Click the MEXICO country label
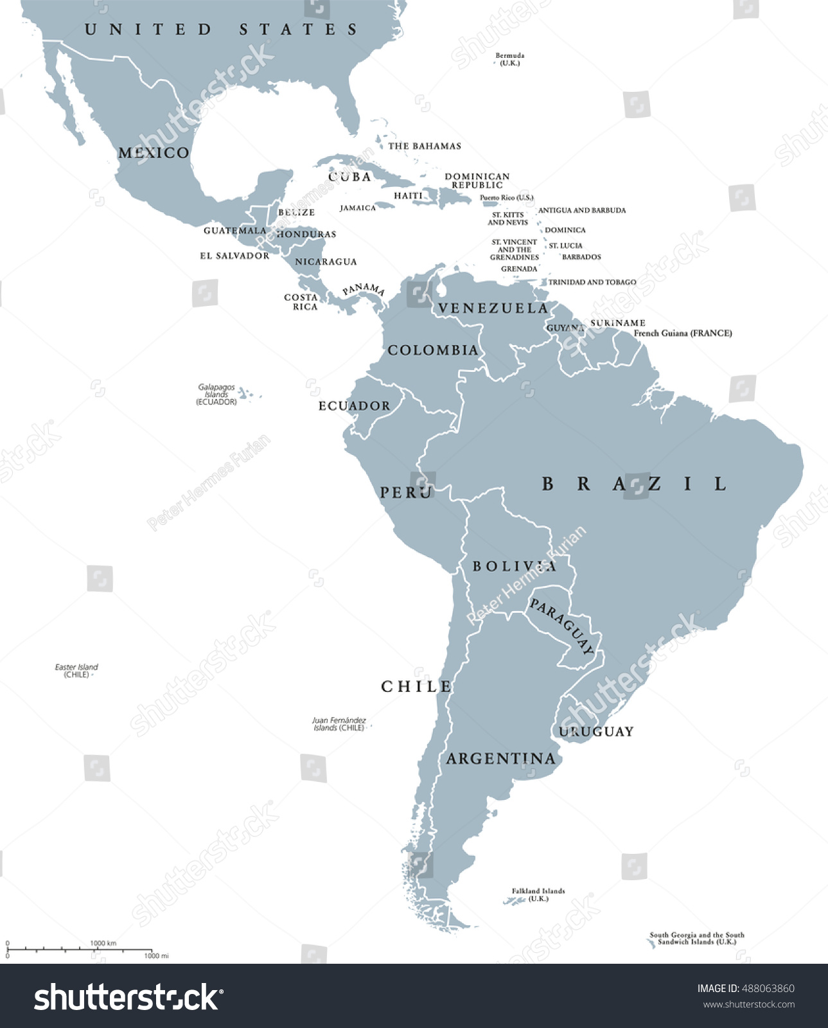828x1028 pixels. (154, 153)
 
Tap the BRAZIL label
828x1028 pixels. (635, 484)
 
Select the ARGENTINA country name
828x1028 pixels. (501, 759)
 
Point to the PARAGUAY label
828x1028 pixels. (561, 626)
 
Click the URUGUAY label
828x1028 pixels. (596, 732)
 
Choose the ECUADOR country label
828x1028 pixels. (355, 406)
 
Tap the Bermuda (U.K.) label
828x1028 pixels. (510, 59)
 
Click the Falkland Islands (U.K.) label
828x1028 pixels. (538, 894)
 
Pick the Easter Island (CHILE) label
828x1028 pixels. (76, 671)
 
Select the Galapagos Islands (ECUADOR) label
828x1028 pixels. (216, 394)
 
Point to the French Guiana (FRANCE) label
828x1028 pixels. (683, 333)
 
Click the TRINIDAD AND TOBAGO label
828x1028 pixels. (592, 282)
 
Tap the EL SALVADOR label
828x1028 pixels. (234, 256)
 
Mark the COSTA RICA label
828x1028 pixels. (301, 302)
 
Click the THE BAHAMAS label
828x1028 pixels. (425, 146)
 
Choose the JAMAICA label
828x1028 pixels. (358, 208)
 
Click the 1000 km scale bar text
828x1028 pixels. (103, 943)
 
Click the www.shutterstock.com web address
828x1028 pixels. (749, 1004)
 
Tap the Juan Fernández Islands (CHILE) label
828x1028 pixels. (339, 724)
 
